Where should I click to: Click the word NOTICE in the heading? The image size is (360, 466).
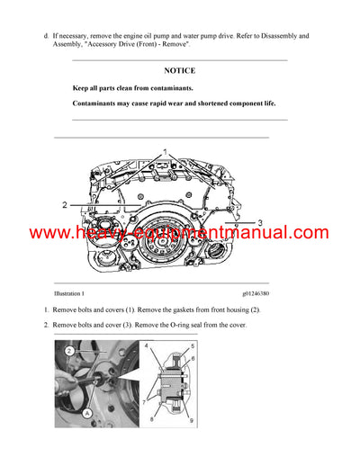[180, 70]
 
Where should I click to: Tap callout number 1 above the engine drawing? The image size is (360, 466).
[165, 150]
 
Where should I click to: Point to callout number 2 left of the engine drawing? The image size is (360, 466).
[65, 206]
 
